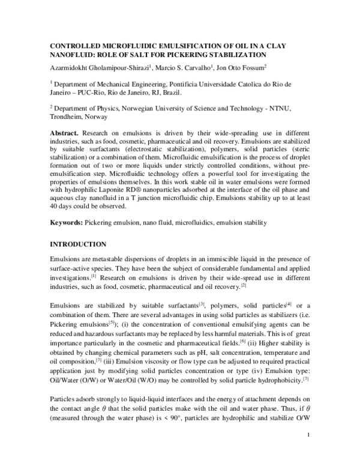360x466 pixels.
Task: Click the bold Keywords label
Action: click(66, 222)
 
